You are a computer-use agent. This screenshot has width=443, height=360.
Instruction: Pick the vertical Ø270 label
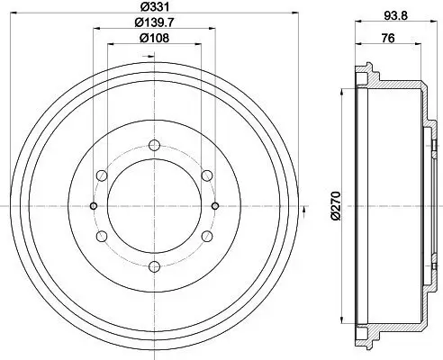click(334, 205)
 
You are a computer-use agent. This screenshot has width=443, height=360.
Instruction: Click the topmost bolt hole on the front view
click(154, 145)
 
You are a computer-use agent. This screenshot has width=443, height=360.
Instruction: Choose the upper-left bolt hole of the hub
click(102, 175)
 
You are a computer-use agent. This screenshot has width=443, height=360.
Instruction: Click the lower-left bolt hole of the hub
click(102, 235)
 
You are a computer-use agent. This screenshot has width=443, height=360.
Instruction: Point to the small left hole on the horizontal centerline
click(94, 205)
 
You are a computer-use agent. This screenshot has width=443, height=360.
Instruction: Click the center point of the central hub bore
click(154, 205)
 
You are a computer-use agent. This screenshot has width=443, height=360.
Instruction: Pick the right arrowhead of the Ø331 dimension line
click(294, 14)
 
